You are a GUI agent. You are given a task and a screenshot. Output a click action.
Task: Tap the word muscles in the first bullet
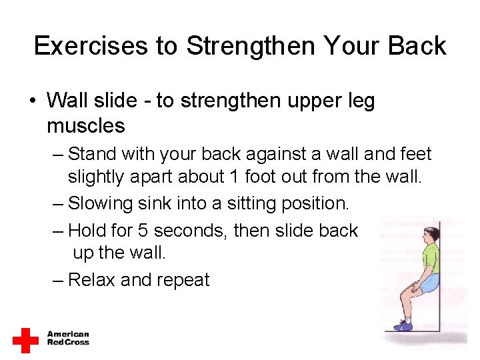click(x=86, y=125)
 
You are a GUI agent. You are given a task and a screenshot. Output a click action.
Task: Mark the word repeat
click(x=183, y=281)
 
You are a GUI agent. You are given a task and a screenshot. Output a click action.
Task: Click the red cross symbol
click(x=25, y=339)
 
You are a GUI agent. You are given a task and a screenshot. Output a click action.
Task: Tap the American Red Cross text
click(x=68, y=338)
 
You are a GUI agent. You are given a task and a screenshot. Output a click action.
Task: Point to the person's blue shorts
click(x=427, y=283)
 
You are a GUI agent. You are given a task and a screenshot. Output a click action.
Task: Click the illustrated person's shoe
click(x=403, y=325)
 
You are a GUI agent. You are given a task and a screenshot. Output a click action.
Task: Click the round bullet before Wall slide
click(x=32, y=102)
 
